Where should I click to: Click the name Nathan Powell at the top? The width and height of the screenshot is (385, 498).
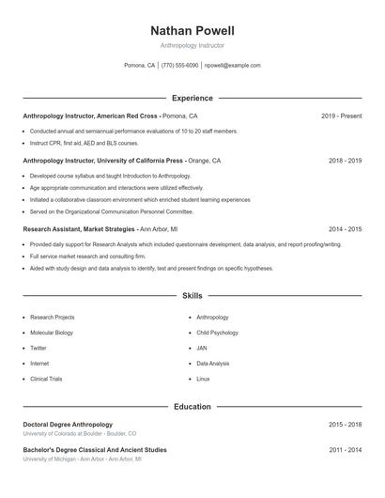click(x=192, y=31)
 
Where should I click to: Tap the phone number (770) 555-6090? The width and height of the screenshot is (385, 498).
click(x=179, y=66)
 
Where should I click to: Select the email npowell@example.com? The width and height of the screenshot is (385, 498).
click(x=232, y=66)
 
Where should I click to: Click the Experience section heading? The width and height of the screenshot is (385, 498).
click(x=192, y=98)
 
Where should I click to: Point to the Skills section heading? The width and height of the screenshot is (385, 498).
click(x=192, y=296)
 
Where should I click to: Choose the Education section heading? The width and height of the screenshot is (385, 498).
click(x=192, y=407)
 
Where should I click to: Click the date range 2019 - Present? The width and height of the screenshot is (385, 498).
click(x=341, y=116)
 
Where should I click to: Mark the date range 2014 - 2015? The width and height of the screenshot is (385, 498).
click(x=345, y=228)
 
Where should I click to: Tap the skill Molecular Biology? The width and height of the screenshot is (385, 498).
click(x=52, y=333)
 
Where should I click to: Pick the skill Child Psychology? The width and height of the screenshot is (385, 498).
click(x=217, y=333)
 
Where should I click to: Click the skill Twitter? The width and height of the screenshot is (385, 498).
click(x=38, y=348)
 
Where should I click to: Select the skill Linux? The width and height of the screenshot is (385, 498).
click(x=203, y=379)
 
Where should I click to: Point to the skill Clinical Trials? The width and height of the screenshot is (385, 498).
click(x=46, y=379)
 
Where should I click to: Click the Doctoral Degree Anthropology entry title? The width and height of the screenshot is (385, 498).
click(x=68, y=425)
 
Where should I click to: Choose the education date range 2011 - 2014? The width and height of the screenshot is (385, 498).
click(x=345, y=450)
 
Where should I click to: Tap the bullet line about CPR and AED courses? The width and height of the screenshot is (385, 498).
click(x=84, y=143)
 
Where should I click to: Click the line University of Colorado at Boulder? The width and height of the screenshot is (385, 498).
click(x=80, y=434)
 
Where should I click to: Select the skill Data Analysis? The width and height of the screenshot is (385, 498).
click(x=213, y=363)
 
